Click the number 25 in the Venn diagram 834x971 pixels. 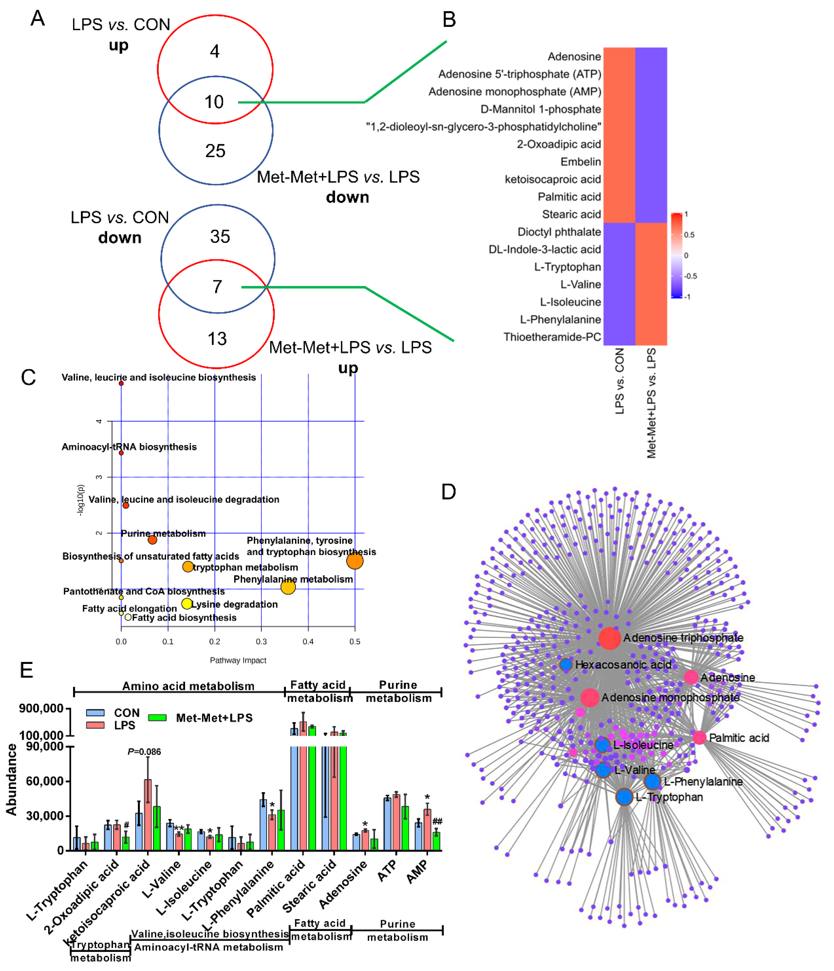215,151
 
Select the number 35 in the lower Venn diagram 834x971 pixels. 220,237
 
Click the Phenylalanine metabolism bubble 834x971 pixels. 288,587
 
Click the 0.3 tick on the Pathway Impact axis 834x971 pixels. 261,642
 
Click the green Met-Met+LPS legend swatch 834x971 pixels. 157,717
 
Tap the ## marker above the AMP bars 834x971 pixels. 437,821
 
